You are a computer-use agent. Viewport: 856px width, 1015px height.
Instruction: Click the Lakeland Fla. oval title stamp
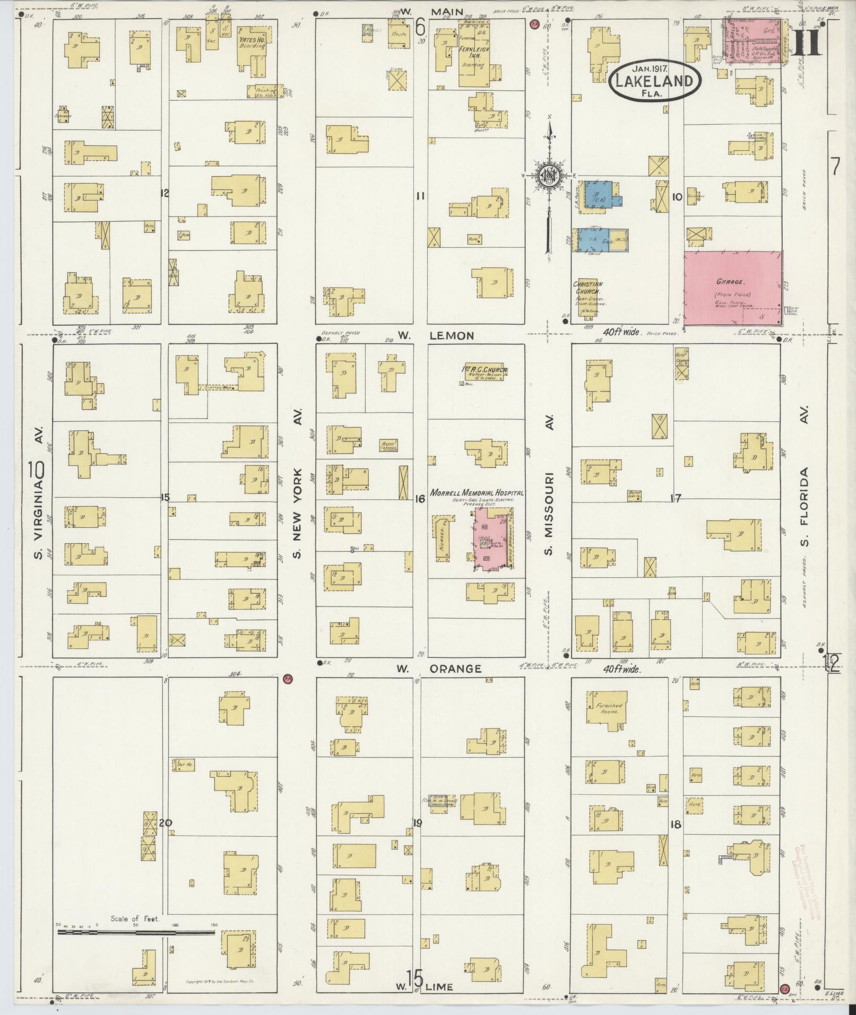[x=655, y=81]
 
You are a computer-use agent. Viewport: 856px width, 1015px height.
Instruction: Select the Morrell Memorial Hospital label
[x=477, y=493]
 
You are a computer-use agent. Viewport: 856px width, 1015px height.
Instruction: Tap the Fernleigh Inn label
[x=472, y=56]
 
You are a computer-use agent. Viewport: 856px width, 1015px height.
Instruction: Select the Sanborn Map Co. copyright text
[x=220, y=982]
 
